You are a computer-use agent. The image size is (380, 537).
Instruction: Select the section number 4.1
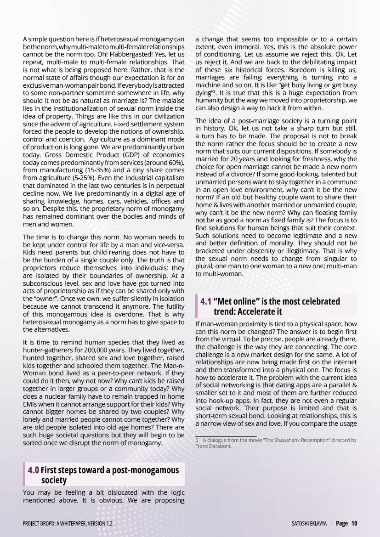[206, 301]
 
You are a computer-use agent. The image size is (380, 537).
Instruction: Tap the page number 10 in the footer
[354, 523]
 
